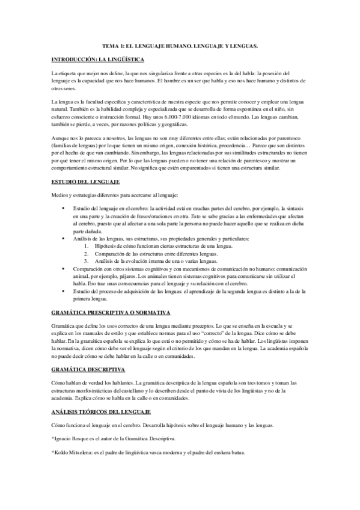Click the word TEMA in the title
[111, 46]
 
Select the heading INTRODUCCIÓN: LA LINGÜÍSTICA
[93, 60]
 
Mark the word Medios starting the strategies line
[60, 178]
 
